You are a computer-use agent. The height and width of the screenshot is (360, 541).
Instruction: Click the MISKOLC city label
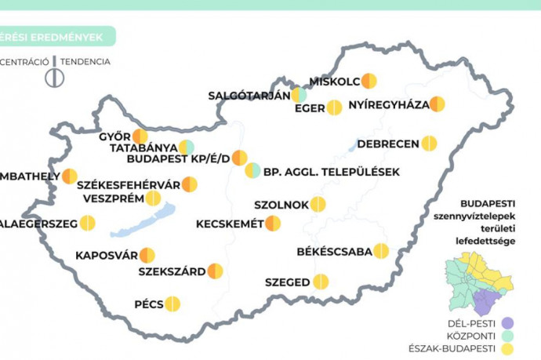pyautogui.click(x=335, y=82)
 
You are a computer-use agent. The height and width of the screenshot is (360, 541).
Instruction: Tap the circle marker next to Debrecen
pyautogui.click(x=429, y=144)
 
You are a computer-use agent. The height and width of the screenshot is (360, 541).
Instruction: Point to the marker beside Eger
pyautogui.click(x=334, y=107)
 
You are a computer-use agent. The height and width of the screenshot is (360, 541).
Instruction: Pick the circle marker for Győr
pyautogui.click(x=140, y=136)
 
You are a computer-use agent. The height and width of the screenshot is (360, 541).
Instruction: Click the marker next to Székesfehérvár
pyautogui.click(x=190, y=184)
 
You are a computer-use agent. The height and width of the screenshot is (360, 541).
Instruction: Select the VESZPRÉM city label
pyautogui.click(x=113, y=198)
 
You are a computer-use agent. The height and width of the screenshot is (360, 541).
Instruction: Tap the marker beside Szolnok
pyautogui.click(x=318, y=205)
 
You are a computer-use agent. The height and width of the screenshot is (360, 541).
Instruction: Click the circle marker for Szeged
pyautogui.click(x=321, y=282)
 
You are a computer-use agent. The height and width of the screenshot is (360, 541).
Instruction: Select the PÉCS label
pyautogui.click(x=147, y=304)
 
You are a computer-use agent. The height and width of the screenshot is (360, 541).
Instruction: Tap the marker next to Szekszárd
pyautogui.click(x=215, y=271)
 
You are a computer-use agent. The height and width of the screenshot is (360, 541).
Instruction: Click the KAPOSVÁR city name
pyautogui.click(x=107, y=256)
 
